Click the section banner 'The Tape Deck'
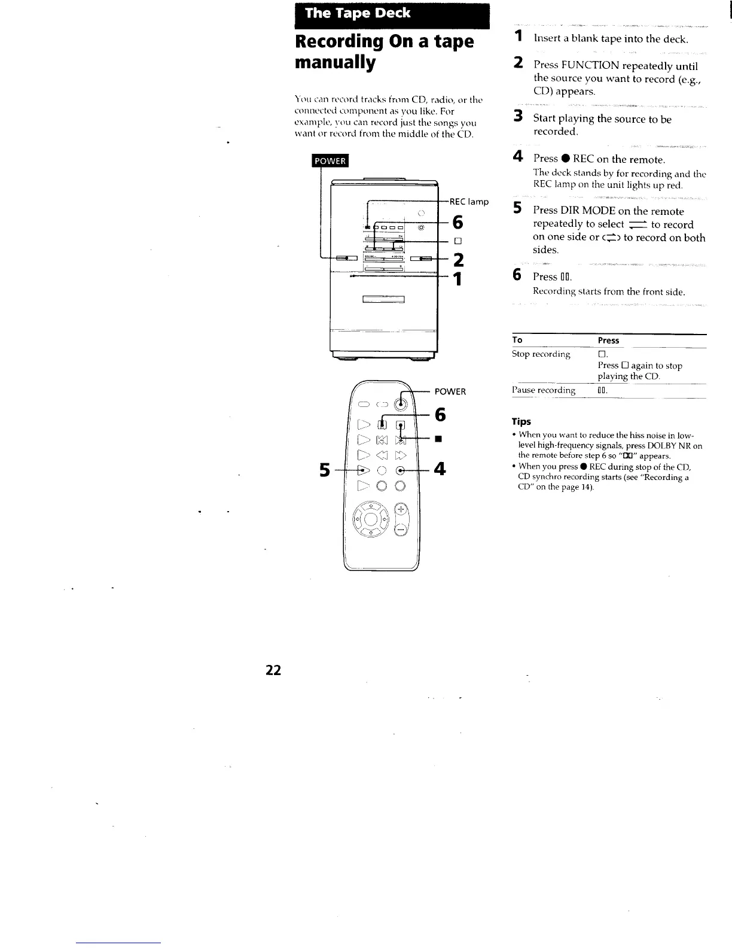coord(358,14)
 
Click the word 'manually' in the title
coord(335,63)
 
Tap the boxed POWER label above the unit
coord(329,161)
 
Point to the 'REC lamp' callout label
coord(469,202)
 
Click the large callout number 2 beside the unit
coord(458,260)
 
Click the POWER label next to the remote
coord(450,391)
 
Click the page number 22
coord(273,670)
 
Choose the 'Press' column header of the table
coord(608,341)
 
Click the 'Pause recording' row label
coord(544,390)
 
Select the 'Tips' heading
coord(521,421)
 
